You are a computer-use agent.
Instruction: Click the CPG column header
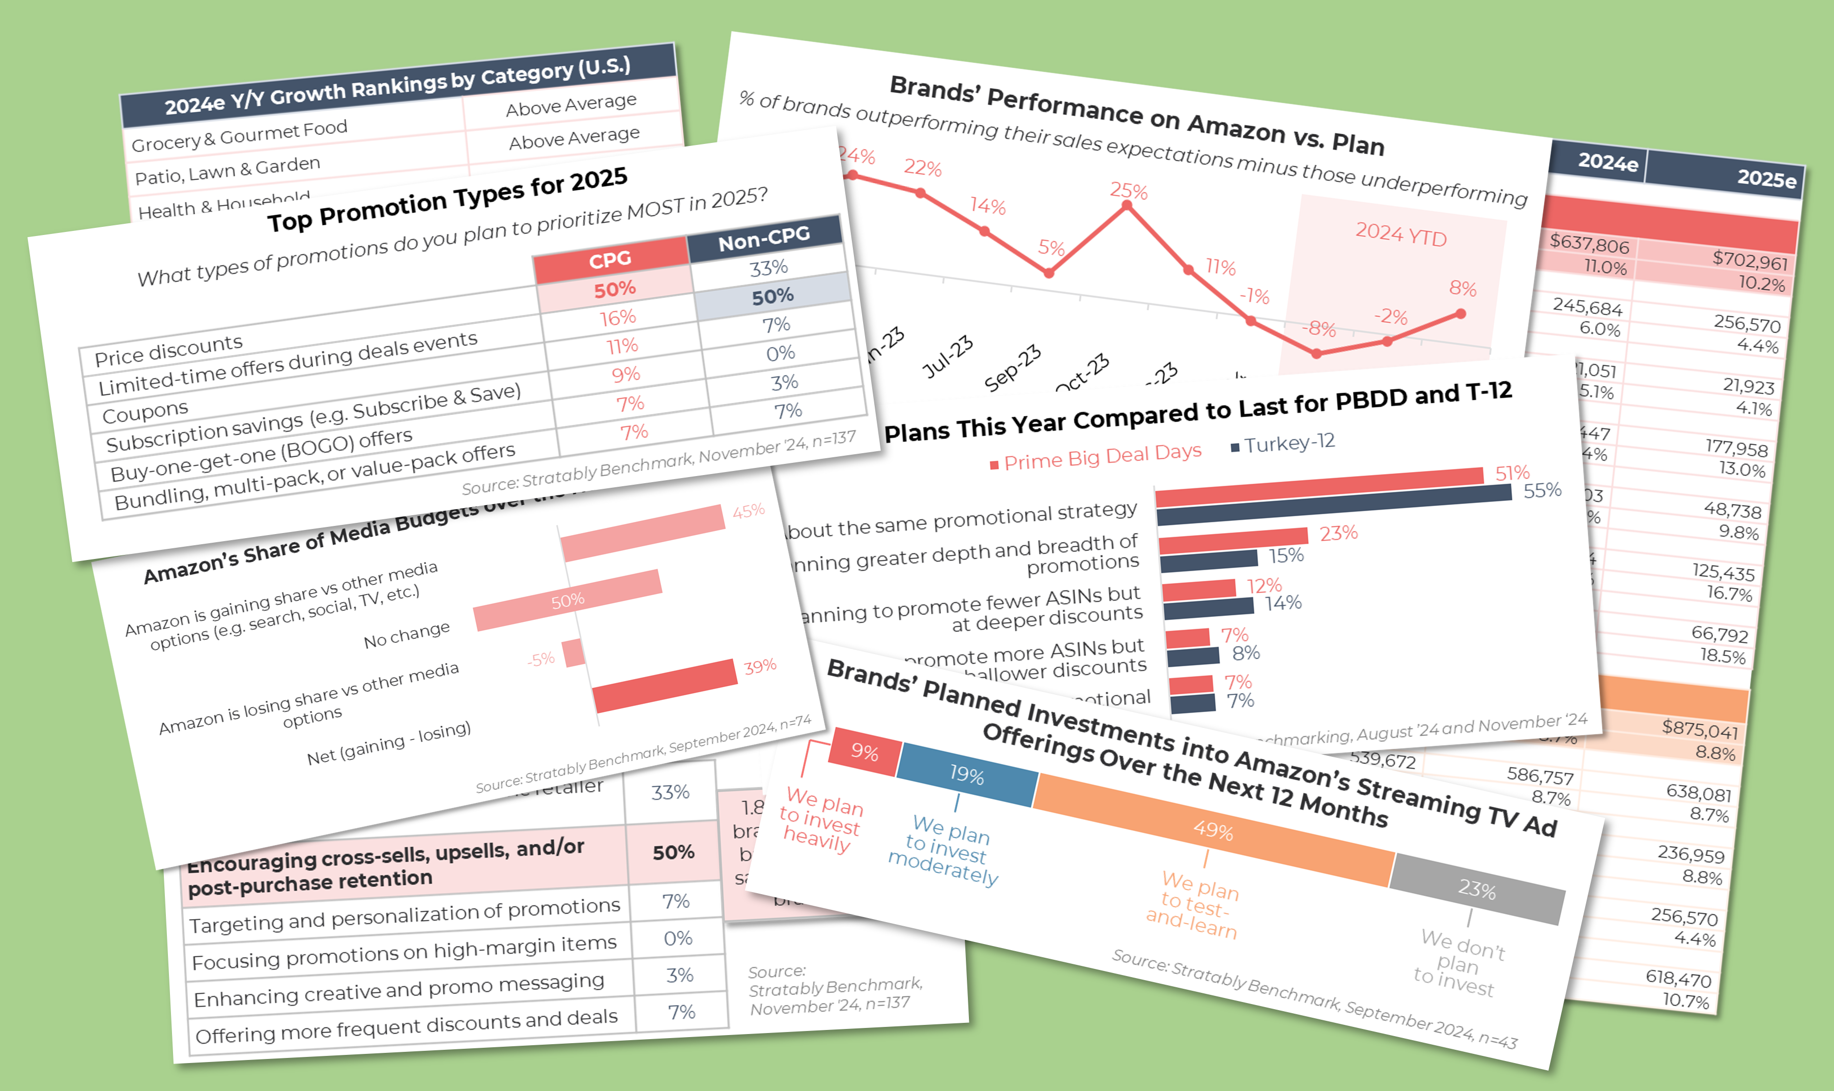610,259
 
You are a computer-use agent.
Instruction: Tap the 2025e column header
1766,179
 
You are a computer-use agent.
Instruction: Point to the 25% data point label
1128,191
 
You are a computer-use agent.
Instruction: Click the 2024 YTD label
1401,235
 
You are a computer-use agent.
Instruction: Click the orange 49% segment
1213,830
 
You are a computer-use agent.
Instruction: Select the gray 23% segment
1477,890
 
